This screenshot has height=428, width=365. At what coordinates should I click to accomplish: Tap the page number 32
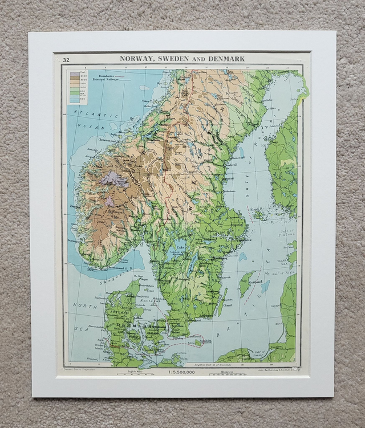(67, 60)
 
